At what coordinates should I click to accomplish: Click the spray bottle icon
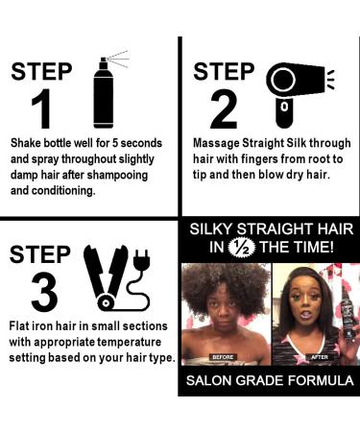pyautogui.click(x=103, y=91)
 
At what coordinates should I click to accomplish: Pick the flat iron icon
pyautogui.click(x=108, y=273)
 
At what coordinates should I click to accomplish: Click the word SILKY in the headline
pyautogui.click(x=212, y=229)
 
